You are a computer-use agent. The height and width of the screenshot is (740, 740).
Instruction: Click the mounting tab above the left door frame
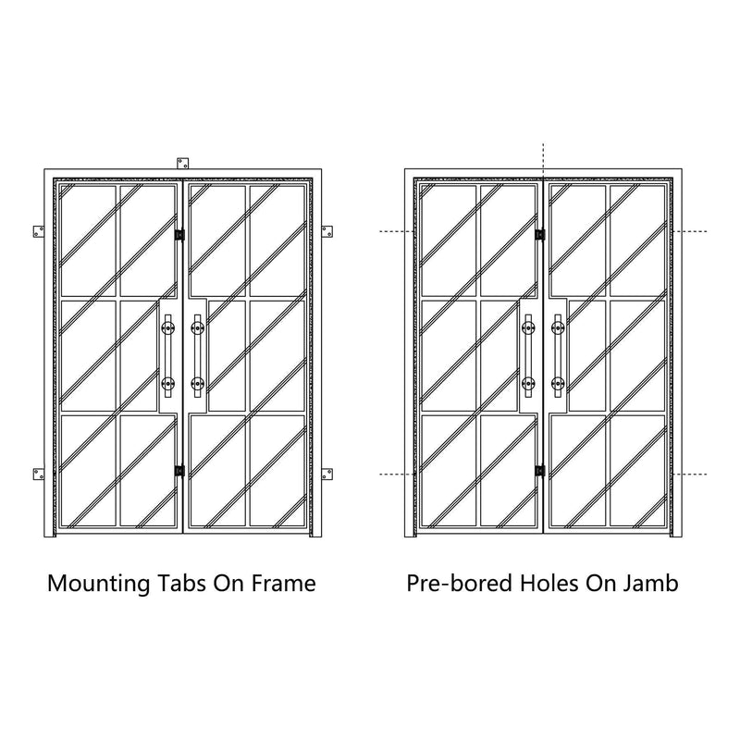(182, 164)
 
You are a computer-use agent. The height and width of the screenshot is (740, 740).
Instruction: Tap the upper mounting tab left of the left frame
(39, 232)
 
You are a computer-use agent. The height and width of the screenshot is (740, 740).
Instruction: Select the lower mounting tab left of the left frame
(39, 475)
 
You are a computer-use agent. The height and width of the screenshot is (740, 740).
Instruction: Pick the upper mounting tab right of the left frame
(327, 232)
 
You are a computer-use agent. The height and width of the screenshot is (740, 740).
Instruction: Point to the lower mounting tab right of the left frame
(327, 475)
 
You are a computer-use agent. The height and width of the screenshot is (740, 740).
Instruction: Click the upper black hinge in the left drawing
(179, 235)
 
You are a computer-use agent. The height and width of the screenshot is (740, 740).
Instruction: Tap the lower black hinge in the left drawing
(179, 471)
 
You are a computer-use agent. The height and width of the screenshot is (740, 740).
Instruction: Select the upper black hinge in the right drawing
(540, 235)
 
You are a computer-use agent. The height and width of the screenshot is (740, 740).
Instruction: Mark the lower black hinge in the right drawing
(540, 471)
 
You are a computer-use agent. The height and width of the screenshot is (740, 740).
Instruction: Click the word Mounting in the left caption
(99, 585)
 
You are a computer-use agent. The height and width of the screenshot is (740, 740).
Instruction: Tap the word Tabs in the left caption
(181, 584)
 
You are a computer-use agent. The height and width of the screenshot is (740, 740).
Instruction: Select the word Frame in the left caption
(283, 584)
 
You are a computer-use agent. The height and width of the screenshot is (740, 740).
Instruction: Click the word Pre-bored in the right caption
(459, 585)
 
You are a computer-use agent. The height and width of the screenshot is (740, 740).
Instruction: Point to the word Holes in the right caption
(549, 584)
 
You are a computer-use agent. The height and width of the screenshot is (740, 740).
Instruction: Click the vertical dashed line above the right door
(543, 159)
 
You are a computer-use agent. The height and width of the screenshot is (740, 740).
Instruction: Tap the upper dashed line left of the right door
(397, 232)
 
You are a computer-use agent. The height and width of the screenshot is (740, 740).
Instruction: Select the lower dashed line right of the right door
(690, 474)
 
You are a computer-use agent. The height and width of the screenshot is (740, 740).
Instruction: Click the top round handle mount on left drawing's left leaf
(167, 327)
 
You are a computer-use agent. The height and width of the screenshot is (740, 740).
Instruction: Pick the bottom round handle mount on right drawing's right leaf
(558, 383)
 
